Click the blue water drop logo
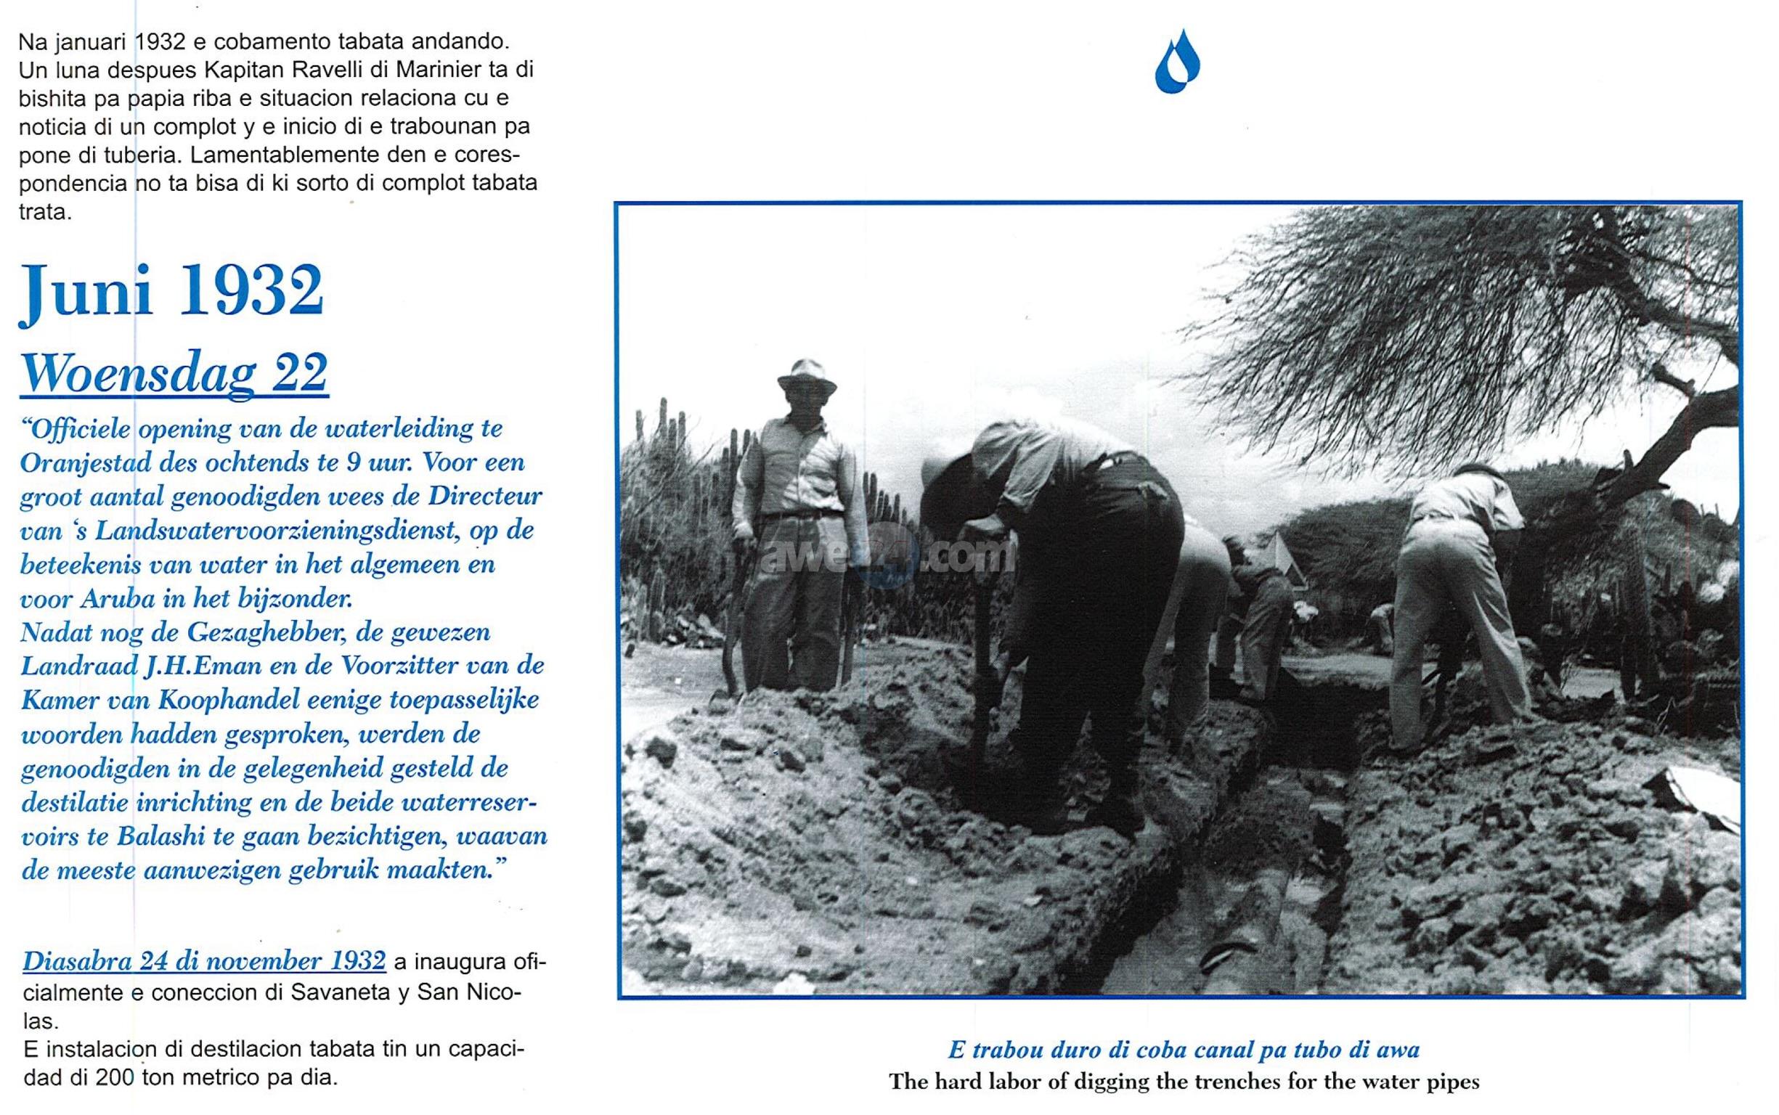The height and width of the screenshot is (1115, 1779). pos(1176,62)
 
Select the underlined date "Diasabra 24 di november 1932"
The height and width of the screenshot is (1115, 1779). pos(204,962)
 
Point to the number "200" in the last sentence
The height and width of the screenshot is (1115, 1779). pos(115,1077)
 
